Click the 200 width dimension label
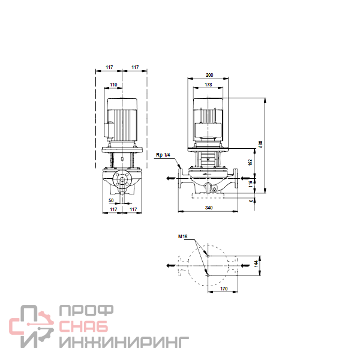point(209,75)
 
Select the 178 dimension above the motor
point(208,85)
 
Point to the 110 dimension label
point(113,85)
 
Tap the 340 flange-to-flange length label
point(209,208)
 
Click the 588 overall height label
point(260,144)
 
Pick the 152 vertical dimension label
point(250,163)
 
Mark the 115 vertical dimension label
point(250,184)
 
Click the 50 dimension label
point(111,200)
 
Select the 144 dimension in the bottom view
point(256,263)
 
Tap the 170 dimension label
point(224,289)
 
